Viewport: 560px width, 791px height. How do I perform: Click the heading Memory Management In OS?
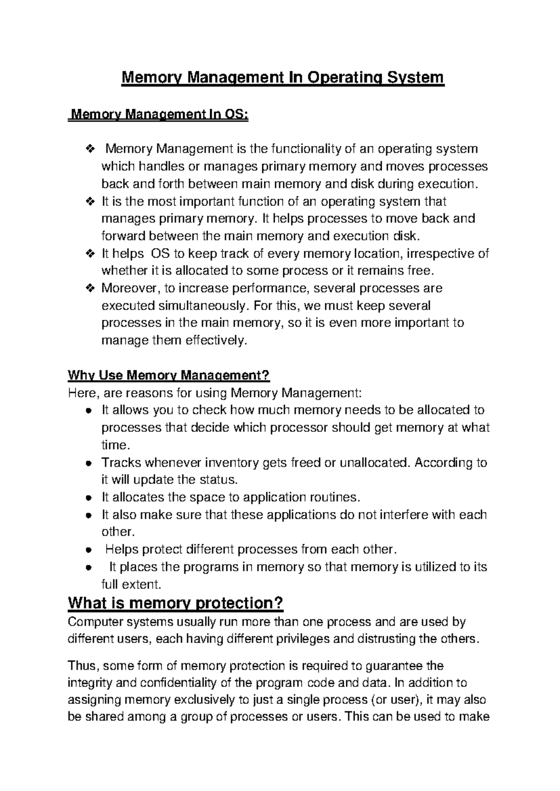[159, 114]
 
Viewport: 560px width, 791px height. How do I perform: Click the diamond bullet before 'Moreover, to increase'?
[90, 288]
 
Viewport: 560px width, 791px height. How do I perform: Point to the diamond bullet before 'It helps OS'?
[90, 254]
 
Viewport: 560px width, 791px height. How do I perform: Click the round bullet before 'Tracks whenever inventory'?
[88, 463]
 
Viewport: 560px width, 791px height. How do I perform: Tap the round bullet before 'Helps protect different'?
[88, 550]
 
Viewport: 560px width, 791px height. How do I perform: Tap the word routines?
[336, 497]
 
